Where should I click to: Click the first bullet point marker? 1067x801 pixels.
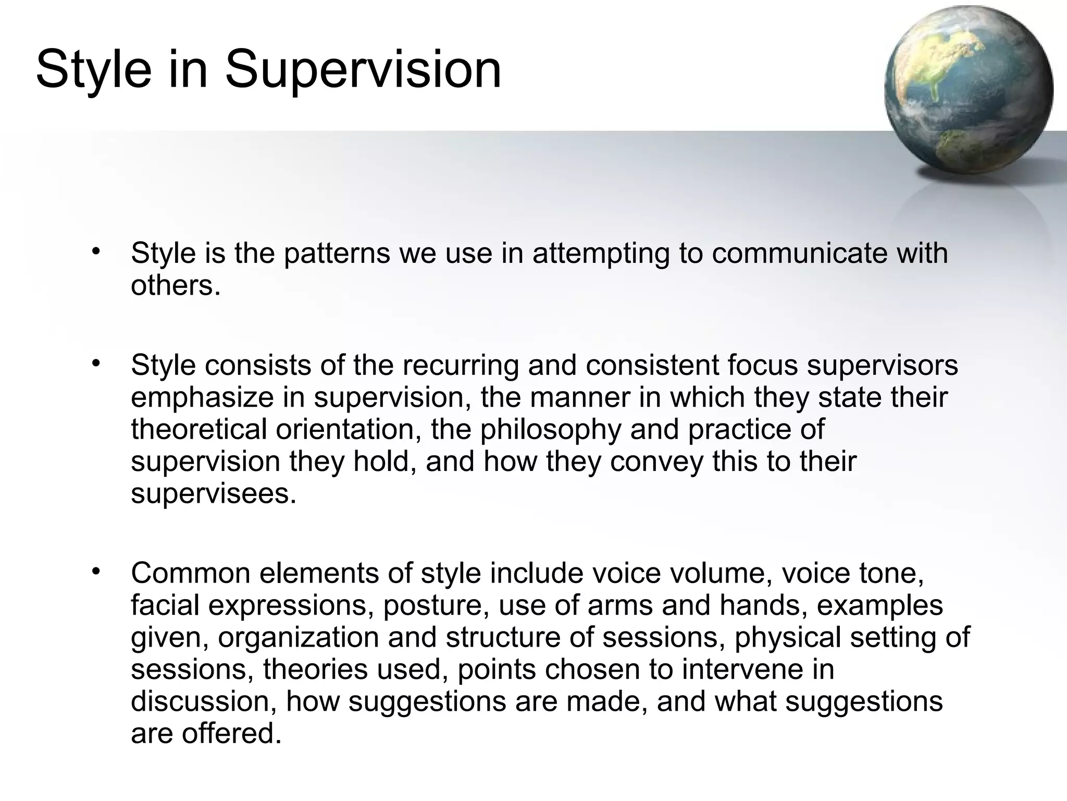tap(95, 252)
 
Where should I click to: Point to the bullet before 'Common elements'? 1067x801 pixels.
tap(95, 572)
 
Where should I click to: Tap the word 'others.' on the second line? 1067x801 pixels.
tap(176, 286)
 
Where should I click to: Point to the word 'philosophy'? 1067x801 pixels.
tap(551, 430)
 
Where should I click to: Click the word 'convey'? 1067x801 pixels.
tap(656, 462)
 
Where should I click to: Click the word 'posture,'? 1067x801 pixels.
tap(437, 605)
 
